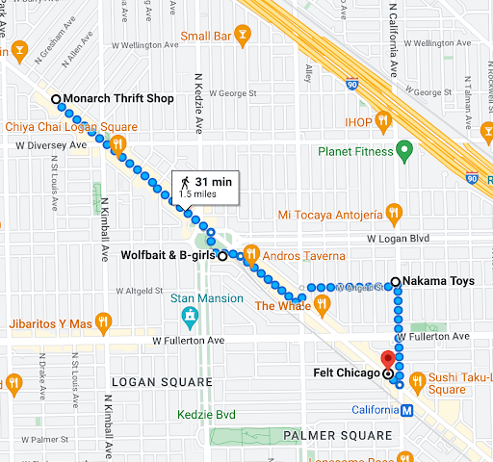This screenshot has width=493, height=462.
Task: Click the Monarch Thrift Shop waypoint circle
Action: [56, 99]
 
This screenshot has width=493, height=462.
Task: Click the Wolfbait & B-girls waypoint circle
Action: [222, 256]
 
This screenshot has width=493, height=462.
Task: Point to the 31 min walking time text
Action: [214, 181]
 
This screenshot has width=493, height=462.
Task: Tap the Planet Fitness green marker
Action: [405, 149]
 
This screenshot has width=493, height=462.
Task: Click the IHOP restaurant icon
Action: [383, 120]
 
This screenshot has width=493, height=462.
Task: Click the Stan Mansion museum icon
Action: [190, 315]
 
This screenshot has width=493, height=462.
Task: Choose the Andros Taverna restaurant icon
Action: [250, 255]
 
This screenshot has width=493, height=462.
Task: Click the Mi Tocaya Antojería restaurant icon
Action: [393, 213]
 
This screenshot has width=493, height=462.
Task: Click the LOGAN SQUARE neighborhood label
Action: [160, 381]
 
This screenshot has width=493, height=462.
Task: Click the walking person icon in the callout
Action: [183, 181]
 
